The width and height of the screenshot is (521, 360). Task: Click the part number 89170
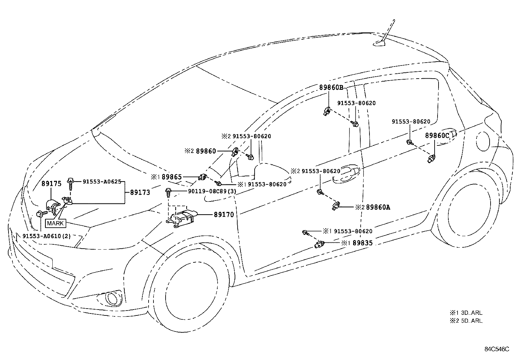[x=224, y=215]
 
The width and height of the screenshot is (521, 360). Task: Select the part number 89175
[x=51, y=183]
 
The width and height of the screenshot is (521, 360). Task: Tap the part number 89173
[x=140, y=193]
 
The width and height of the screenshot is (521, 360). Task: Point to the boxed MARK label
[x=55, y=223]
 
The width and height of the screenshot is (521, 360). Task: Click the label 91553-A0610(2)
[x=46, y=236]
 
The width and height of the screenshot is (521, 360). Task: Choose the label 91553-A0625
[x=102, y=181]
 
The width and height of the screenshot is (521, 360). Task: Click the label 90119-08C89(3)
[x=212, y=191]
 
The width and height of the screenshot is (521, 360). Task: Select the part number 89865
[x=172, y=177]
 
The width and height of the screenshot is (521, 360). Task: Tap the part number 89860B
[x=331, y=87]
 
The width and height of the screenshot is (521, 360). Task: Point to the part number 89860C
[x=437, y=136]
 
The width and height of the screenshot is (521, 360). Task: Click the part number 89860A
[x=378, y=207]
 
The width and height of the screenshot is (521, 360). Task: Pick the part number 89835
[x=363, y=243]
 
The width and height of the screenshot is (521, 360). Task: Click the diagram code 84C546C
[x=497, y=349]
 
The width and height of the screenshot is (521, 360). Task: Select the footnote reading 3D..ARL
[x=472, y=313]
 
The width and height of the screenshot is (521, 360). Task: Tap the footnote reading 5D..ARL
[x=472, y=321]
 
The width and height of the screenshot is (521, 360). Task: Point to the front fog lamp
[x=112, y=298]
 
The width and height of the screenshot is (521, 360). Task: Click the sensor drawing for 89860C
[x=431, y=159]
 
